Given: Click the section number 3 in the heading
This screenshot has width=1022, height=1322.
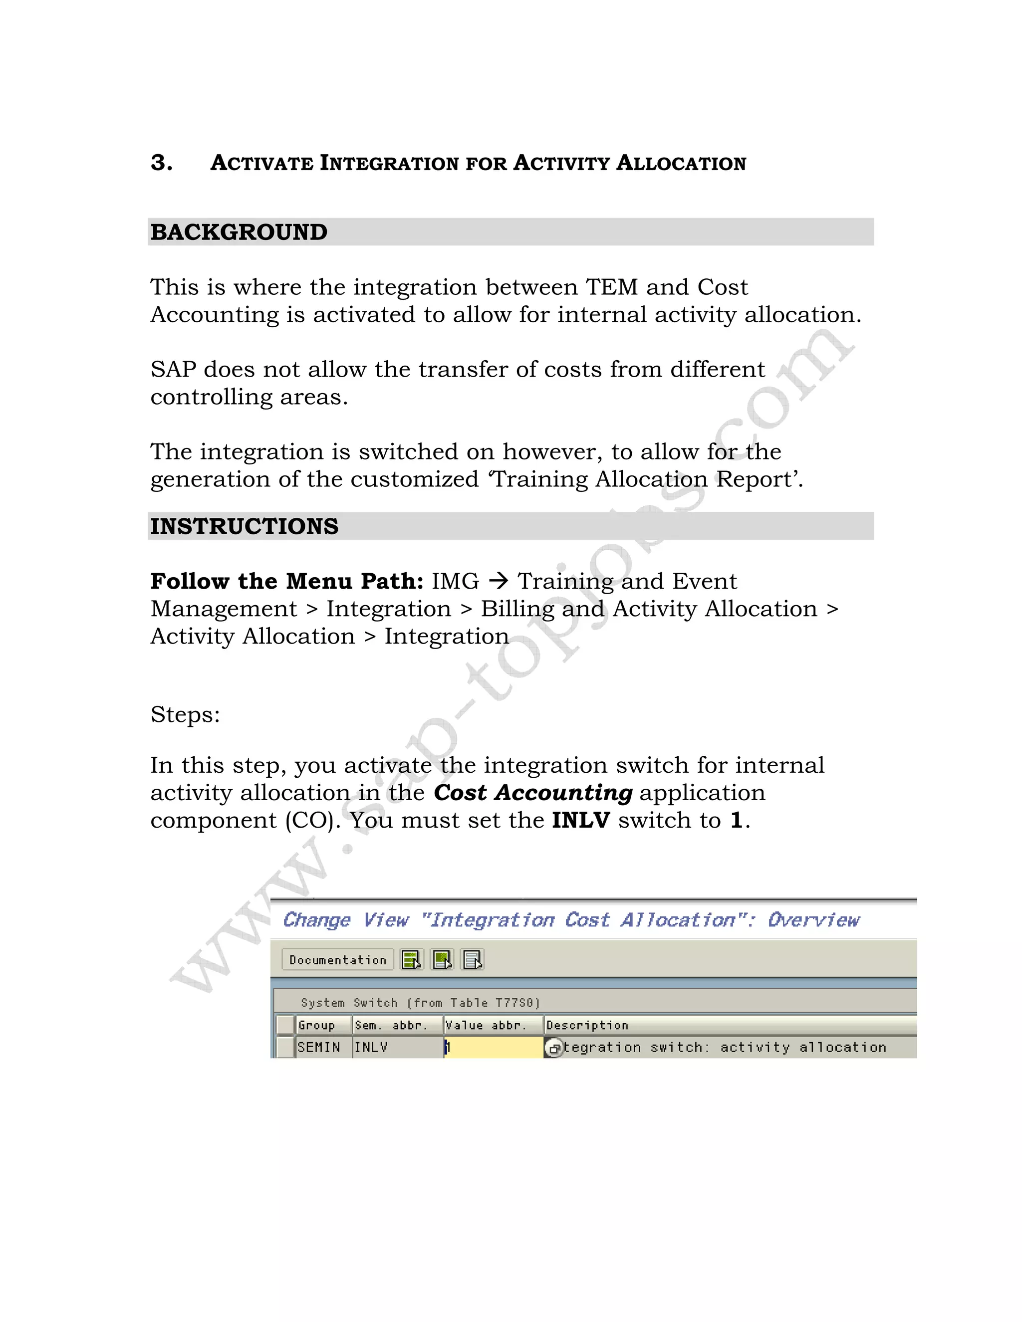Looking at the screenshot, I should pyautogui.click(x=161, y=163).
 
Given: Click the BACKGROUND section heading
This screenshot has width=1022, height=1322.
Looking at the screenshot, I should pyautogui.click(x=239, y=232).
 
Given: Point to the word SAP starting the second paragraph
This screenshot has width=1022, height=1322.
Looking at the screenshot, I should pyautogui.click(x=173, y=369).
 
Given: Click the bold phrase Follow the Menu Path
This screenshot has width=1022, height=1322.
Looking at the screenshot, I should pyautogui.click(x=286, y=581).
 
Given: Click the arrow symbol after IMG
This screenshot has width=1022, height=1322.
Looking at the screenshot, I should pyautogui.click(x=499, y=581).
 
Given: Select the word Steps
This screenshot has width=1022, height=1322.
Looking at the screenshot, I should pyautogui.click(x=185, y=714).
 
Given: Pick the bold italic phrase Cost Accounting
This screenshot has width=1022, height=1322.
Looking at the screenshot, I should pyautogui.click(x=533, y=793).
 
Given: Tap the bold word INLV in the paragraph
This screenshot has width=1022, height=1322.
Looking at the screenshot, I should pyautogui.click(x=581, y=820).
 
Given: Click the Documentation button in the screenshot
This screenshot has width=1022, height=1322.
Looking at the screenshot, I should pyautogui.click(x=337, y=960).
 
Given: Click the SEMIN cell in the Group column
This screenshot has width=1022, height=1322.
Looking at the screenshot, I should pyautogui.click(x=318, y=1047).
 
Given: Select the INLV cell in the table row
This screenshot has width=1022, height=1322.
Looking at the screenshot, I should pyautogui.click(x=371, y=1047).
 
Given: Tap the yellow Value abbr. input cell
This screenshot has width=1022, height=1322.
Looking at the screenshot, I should pyautogui.click(x=494, y=1047).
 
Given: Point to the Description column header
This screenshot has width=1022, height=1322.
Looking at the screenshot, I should pyautogui.click(x=587, y=1025).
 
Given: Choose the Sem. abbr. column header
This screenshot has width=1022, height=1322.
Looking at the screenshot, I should pyautogui.click(x=391, y=1025).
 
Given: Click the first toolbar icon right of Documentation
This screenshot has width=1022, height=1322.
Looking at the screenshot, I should pyautogui.click(x=412, y=960).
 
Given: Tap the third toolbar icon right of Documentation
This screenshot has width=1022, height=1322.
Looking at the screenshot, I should pyautogui.click(x=472, y=960).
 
